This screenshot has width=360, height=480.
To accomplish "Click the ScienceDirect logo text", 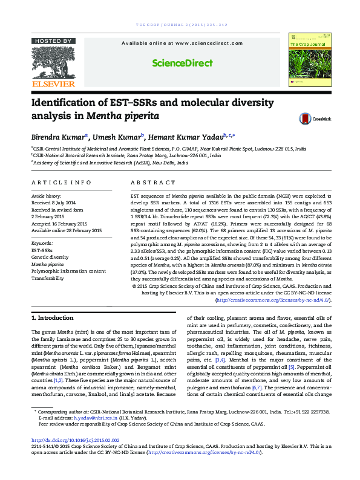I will (x=180, y=63).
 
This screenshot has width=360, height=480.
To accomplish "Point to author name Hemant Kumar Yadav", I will (x=187, y=137).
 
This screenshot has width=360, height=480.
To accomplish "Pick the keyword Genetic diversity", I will (x=50, y=257).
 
